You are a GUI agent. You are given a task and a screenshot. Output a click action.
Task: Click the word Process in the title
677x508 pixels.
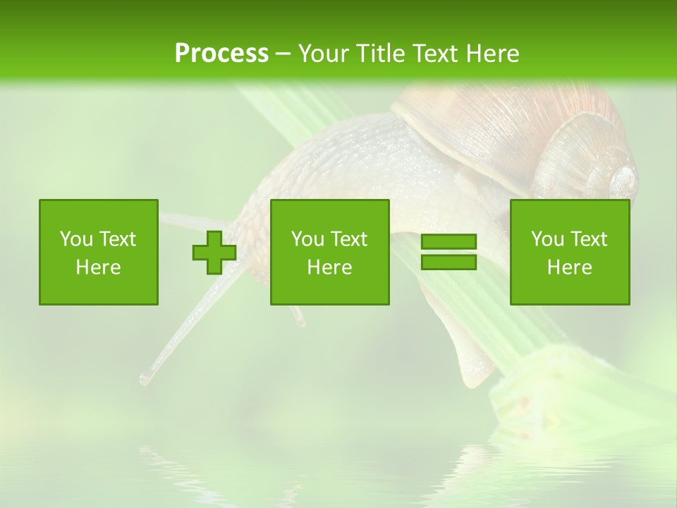tap(221, 54)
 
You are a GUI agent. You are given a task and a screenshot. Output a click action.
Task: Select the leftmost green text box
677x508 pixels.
tap(99, 252)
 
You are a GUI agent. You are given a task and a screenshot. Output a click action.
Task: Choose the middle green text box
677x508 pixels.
tap(330, 252)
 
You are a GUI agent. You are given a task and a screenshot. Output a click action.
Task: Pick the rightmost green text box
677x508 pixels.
tap(570, 252)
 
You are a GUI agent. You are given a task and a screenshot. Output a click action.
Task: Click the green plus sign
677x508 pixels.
tap(214, 252)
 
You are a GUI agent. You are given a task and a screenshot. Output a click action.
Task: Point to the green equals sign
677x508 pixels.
tap(449, 252)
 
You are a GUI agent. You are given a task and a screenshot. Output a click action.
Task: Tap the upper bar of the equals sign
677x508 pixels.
tap(449, 242)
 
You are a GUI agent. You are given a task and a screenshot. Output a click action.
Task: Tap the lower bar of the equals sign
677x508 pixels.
tap(449, 262)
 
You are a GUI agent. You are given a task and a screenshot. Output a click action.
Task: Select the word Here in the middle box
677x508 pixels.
tap(330, 267)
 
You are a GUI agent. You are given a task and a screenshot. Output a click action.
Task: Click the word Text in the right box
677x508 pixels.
tap(589, 239)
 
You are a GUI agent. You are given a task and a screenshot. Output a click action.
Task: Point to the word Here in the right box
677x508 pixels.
tap(570, 267)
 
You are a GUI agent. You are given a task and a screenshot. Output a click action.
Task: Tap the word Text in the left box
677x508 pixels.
tap(118, 239)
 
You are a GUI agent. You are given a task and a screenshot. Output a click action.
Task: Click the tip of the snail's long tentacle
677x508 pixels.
tap(145, 379)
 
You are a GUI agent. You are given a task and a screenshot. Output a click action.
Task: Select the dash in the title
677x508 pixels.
tap(283, 54)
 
